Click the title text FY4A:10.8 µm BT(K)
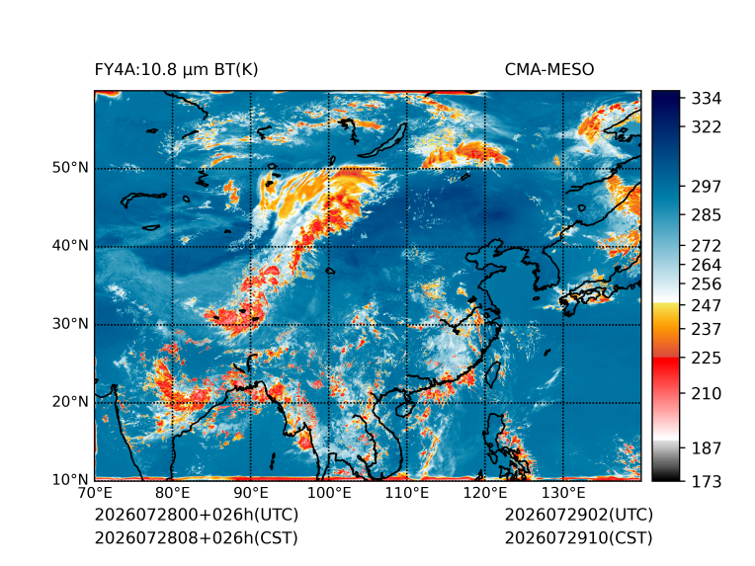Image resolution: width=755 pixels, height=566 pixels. pyautogui.click(x=176, y=70)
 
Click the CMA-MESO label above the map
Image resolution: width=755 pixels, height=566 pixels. pyautogui.click(x=549, y=70)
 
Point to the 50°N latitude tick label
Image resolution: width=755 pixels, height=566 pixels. pyautogui.click(x=70, y=168)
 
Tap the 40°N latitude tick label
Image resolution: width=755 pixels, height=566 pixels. pyautogui.click(x=70, y=246)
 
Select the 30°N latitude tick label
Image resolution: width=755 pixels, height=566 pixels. pyautogui.click(x=70, y=324)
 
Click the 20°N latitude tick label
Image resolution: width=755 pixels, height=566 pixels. pyautogui.click(x=70, y=402)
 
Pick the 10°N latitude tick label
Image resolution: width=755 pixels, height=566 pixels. pyautogui.click(x=70, y=479)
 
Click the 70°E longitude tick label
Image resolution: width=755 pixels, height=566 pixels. pyautogui.click(x=95, y=493)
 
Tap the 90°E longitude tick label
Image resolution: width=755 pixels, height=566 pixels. pyautogui.click(x=250, y=493)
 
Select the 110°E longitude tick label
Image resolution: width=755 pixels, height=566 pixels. pyautogui.click(x=406, y=493)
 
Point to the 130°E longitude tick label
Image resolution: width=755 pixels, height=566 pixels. pyautogui.click(x=563, y=493)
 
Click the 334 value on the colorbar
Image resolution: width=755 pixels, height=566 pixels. pyautogui.click(x=707, y=99)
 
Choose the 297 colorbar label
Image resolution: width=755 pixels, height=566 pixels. pyautogui.click(x=707, y=187)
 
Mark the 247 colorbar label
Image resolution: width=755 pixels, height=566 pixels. pyautogui.click(x=707, y=305)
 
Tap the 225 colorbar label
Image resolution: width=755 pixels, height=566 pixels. pyautogui.click(x=707, y=359)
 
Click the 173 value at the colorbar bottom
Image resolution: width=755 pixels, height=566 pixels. pyautogui.click(x=707, y=481)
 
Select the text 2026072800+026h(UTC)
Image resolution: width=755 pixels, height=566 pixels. pyautogui.click(x=197, y=515)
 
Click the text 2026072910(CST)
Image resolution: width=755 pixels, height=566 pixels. pyautogui.click(x=579, y=538)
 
